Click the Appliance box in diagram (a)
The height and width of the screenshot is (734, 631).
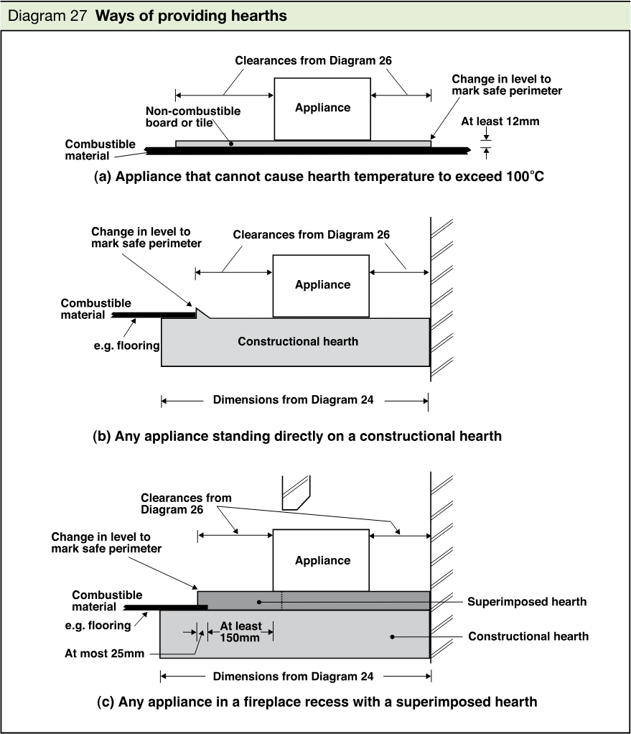[x=322, y=109]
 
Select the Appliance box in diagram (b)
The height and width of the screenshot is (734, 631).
[x=321, y=286]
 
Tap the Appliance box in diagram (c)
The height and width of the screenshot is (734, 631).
[x=321, y=560]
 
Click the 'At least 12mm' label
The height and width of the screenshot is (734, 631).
[x=500, y=121]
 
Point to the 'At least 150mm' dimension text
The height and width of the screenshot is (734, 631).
[x=240, y=631]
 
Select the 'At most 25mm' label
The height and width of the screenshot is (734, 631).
[x=104, y=654]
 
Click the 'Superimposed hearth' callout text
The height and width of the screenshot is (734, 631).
[x=527, y=602]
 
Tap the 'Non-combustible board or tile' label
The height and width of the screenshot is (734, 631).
[x=192, y=116]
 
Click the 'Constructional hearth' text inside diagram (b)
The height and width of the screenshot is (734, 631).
[x=298, y=341]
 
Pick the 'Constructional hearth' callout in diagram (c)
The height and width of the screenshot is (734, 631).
[x=528, y=636]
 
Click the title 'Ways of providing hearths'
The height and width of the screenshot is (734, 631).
[x=191, y=16]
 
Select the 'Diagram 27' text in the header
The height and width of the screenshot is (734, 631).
[x=47, y=16]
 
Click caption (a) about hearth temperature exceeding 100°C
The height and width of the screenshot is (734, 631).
[x=319, y=177]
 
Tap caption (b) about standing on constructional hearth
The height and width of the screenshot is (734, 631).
[x=297, y=436]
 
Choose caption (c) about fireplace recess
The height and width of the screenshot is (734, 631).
[x=317, y=702]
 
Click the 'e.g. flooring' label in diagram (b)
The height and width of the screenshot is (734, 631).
[x=127, y=345]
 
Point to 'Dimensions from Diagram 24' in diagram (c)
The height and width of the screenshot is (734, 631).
[x=294, y=677]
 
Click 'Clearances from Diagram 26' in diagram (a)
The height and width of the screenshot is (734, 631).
[x=314, y=60]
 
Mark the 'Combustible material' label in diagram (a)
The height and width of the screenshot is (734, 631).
[x=100, y=150]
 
